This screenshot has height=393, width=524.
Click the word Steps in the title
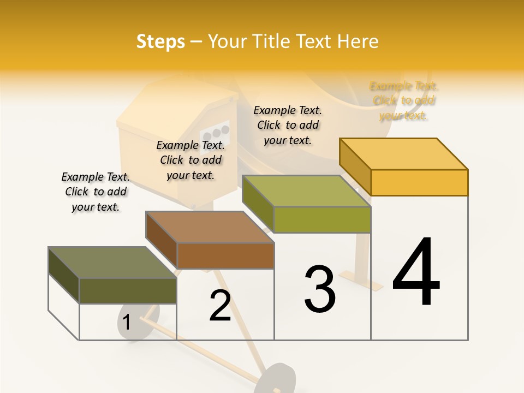coord(160,41)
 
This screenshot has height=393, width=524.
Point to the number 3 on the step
coord(319,289)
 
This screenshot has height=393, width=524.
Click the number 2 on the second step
coord(220,306)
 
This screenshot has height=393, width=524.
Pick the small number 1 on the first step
coord(127,323)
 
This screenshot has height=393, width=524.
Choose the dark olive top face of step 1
coord(112,263)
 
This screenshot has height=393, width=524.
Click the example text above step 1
coord(96,192)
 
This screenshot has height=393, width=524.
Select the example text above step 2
coord(190,160)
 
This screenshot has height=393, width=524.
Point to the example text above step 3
coord(288,125)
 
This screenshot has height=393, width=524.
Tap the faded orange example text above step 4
coord(403,100)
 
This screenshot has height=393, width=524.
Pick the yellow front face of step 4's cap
coord(419,182)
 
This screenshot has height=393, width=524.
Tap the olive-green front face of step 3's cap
coord(322,220)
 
